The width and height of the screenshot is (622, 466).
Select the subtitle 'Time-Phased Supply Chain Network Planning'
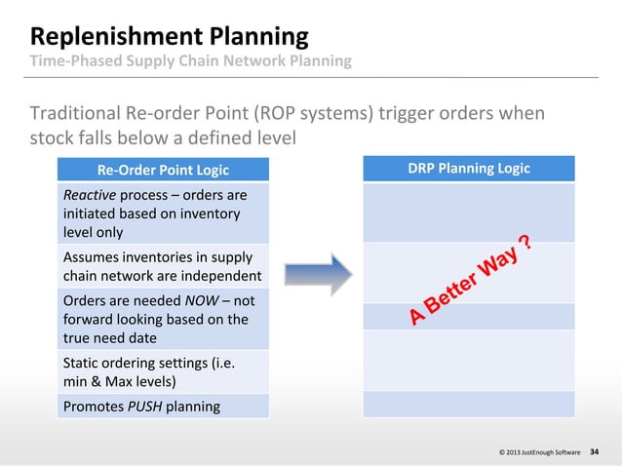tap(192, 61)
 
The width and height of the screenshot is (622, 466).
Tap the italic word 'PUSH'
tap(147, 405)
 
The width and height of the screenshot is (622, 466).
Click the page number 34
tap(596, 452)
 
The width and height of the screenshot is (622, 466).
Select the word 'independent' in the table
tap(221, 276)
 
